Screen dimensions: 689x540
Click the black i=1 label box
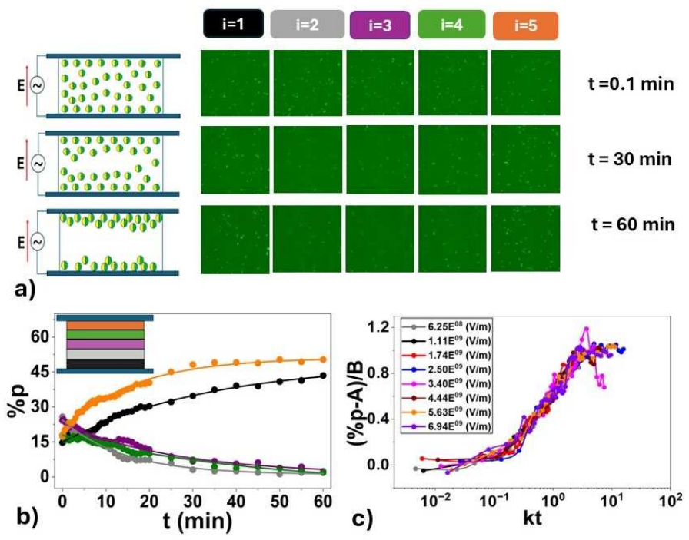pos(233,24)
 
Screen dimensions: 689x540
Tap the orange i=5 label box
pos(525,25)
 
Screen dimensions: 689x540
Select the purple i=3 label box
pos(380,25)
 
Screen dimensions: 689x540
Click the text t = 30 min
pos(630,158)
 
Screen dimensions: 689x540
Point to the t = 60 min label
pos(633,224)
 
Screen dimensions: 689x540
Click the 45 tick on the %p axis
pos(39,372)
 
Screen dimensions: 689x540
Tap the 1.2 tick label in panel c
pos(379,327)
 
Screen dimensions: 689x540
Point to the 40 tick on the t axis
pos(236,501)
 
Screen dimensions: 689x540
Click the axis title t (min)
pos(198,522)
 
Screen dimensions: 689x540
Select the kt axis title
pos(532,518)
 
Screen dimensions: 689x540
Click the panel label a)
pos(25,290)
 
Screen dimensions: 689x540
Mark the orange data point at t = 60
pos(323,359)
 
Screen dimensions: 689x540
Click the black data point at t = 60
pos(323,376)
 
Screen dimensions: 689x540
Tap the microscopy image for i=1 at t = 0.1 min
pos(235,83)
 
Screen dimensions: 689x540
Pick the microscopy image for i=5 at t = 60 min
pos(525,238)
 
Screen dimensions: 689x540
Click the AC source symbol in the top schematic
pos(38,85)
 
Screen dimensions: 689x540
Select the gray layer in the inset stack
pos(105,354)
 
